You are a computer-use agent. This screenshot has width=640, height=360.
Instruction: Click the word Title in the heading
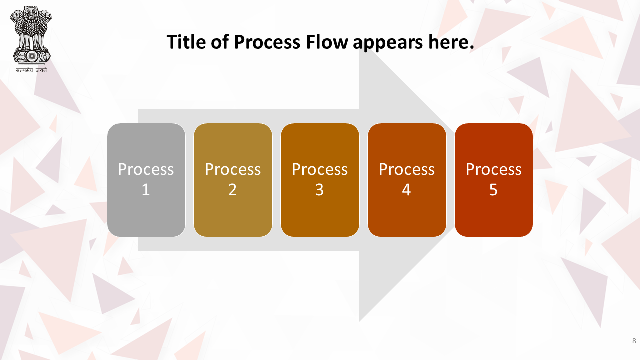coord(186,42)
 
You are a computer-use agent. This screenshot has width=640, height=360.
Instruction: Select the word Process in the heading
coord(267,42)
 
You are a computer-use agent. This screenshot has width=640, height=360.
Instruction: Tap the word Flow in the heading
coord(327,42)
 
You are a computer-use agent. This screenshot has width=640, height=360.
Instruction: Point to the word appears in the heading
coord(388,43)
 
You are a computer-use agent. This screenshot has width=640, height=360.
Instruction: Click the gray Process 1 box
coord(146,180)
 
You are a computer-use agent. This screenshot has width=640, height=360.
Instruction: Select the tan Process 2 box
coord(233,180)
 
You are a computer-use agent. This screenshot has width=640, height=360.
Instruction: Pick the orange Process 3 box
coord(320,180)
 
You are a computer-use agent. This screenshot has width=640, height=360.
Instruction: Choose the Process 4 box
coord(407,180)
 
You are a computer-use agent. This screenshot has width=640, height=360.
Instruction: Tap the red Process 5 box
coord(493,180)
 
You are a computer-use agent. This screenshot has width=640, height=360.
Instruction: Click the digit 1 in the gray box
coord(146,190)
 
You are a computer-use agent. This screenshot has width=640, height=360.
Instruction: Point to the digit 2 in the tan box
coord(233,190)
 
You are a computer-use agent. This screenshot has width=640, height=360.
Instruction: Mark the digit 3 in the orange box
coord(319,190)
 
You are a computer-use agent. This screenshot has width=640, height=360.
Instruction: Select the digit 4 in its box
coord(406,190)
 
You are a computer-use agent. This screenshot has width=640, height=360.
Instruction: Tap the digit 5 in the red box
coord(493,190)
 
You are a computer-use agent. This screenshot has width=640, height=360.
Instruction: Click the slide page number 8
coord(634,341)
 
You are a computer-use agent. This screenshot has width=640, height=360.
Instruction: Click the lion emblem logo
coord(31,35)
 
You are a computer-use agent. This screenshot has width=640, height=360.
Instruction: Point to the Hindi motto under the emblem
coord(31,70)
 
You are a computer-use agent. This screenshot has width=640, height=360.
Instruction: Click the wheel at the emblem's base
coord(32,56)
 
